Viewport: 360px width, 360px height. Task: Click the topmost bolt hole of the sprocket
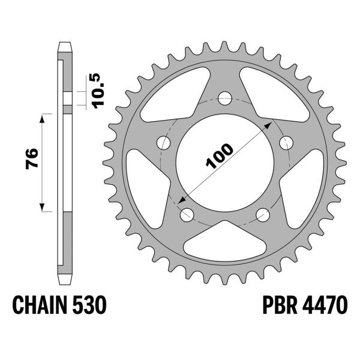[x=224, y=97]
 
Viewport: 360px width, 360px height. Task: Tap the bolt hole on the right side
[x=286, y=142]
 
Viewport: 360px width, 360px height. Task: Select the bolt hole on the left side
[x=163, y=142]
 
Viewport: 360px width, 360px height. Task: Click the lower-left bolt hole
[x=186, y=214]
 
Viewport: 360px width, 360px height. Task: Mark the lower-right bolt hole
[x=262, y=214]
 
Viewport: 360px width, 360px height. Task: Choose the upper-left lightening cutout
[x=169, y=96]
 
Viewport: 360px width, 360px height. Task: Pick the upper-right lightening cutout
[x=280, y=96]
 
